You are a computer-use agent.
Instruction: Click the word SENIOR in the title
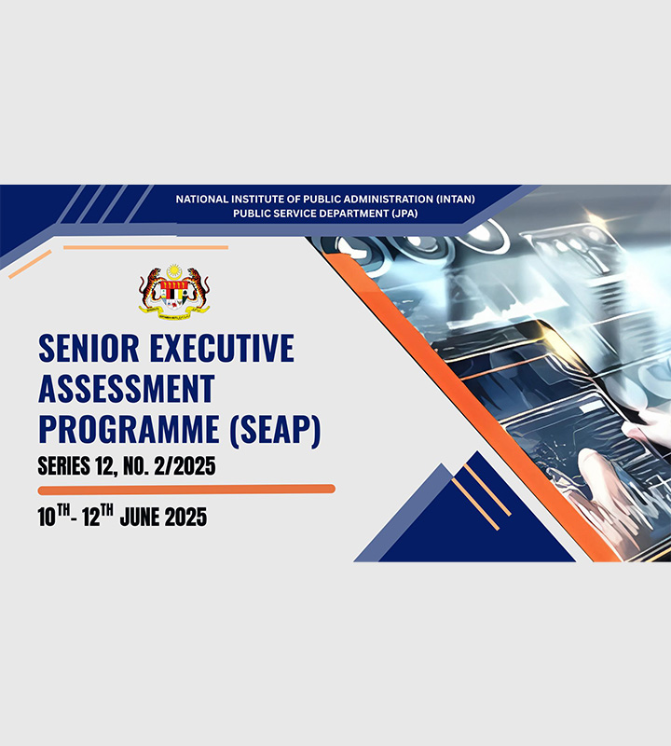point(89,348)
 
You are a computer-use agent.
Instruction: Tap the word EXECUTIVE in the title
point(222,348)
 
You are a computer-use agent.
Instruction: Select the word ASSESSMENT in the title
point(127,389)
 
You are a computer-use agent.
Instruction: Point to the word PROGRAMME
point(129,430)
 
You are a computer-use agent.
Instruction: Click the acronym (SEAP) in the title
point(275,431)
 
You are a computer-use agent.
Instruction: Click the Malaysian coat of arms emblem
point(174,289)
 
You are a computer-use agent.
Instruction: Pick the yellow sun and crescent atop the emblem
point(174,272)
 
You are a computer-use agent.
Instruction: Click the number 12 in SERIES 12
point(103,466)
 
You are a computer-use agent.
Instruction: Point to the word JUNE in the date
point(138,518)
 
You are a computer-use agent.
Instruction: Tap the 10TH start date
point(54,516)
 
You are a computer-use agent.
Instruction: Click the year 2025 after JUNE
point(185,518)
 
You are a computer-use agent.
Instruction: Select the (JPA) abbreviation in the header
point(404,214)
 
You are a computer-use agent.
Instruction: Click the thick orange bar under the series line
point(186,490)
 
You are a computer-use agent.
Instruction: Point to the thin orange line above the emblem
point(145,247)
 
